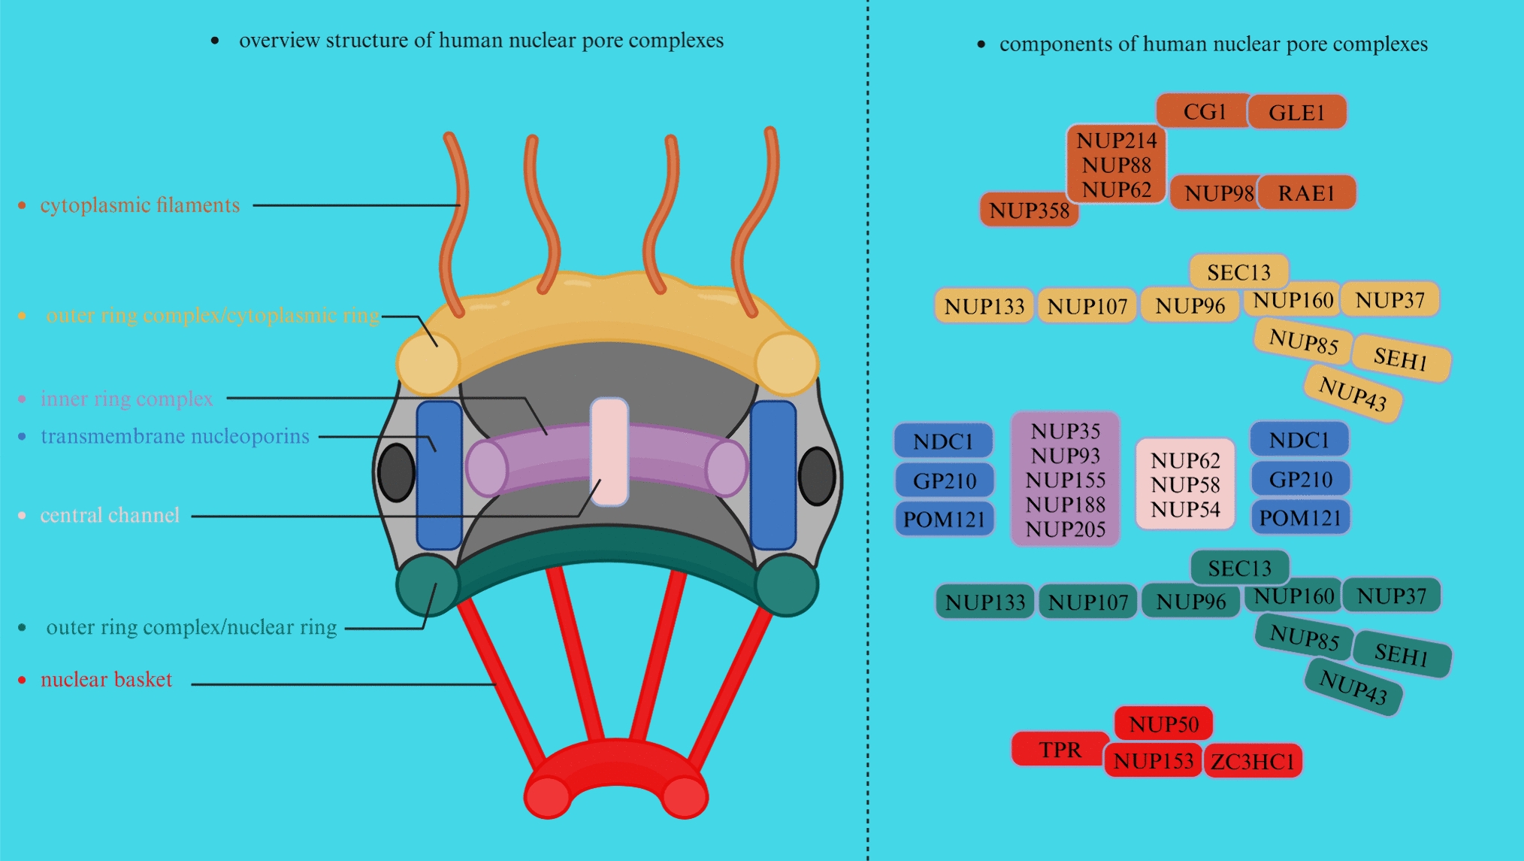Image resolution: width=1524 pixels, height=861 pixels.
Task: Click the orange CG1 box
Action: coord(1204,111)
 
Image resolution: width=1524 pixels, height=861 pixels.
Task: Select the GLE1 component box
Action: coord(1296,112)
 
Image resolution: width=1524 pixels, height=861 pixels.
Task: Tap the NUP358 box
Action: coord(1029,210)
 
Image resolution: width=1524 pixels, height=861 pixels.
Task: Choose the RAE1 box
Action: coord(1306,193)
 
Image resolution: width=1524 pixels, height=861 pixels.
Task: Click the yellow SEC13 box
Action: coord(1238,271)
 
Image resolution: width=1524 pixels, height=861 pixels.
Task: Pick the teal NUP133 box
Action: coord(984,602)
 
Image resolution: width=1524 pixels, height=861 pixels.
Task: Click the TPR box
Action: coord(1060,750)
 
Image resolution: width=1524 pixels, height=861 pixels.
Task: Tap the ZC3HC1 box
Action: coord(1253,761)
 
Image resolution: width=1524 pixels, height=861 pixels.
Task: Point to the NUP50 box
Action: coord(1163,723)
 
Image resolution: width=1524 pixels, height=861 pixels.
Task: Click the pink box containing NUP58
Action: coord(1185,485)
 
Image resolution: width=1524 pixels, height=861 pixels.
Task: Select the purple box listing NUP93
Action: coord(1065,479)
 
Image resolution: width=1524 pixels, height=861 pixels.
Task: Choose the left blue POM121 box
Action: coord(944,519)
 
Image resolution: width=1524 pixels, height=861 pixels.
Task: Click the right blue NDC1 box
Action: coord(1299,440)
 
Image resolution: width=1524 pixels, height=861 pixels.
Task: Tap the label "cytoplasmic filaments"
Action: coord(140,205)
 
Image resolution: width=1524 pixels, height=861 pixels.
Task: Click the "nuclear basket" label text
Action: coord(106,680)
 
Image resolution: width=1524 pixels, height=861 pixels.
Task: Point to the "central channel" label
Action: coord(110,515)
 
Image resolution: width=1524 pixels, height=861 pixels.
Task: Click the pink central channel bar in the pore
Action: coord(609,451)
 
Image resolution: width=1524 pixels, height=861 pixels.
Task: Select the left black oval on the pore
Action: coord(396,473)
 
